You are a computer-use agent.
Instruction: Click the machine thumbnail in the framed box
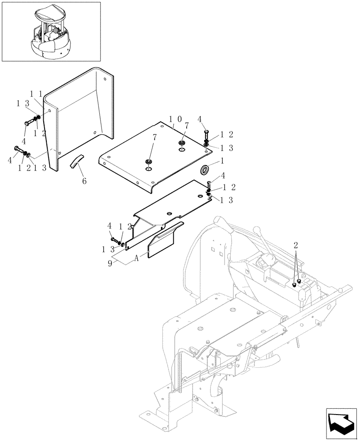[51, 31]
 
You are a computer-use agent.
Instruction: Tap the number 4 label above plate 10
[199, 119]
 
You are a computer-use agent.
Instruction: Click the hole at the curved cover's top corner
[104, 80]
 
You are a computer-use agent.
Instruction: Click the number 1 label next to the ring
[222, 161]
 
